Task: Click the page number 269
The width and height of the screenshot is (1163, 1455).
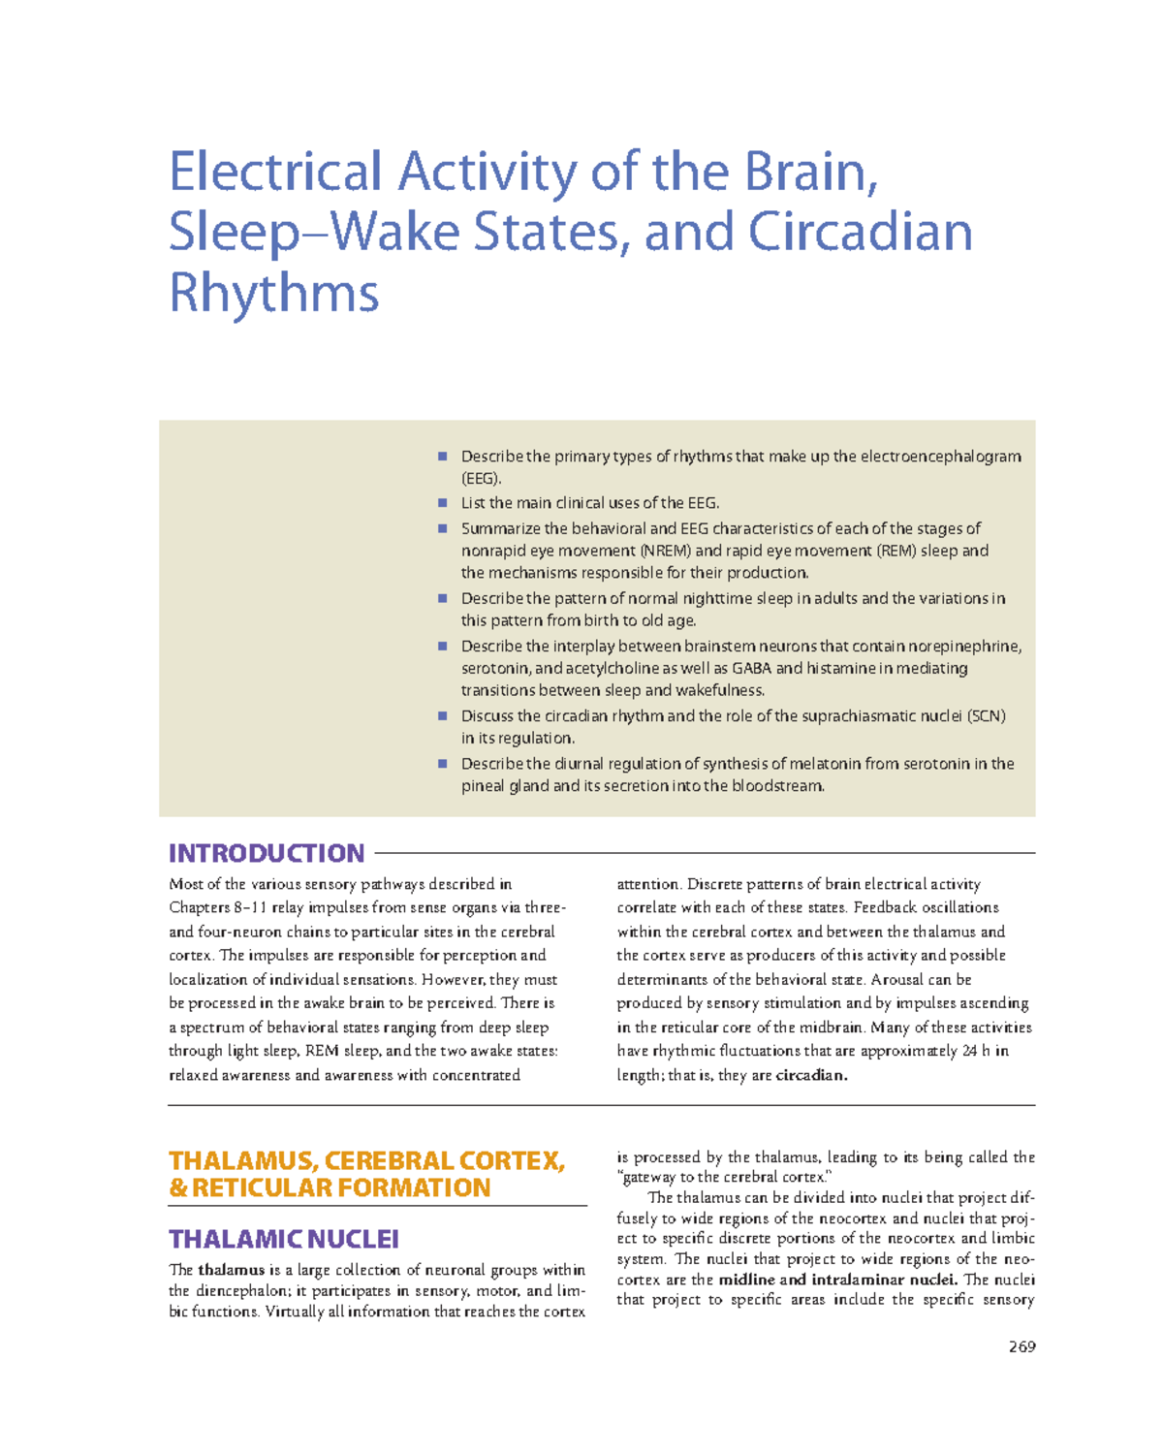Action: [1022, 1346]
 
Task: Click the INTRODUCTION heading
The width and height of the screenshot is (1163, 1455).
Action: [267, 853]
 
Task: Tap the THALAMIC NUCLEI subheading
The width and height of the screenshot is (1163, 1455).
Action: [284, 1239]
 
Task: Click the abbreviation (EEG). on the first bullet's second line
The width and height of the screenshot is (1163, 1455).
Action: [482, 479]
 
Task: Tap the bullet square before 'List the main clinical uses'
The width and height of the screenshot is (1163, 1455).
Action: [442, 503]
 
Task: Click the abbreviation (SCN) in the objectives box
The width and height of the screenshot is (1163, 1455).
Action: [986, 716]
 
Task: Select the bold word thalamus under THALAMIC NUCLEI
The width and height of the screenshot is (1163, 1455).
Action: [231, 1270]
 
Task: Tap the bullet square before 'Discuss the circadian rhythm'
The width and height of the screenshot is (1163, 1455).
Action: [442, 716]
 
